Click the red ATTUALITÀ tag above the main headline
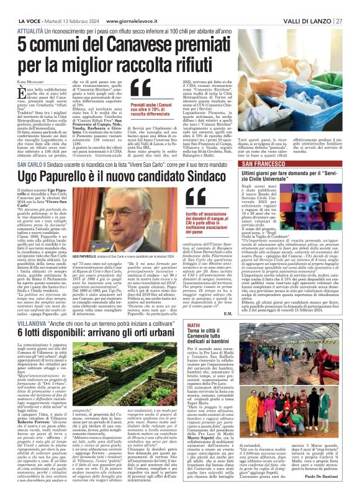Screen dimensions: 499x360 tap(30, 30)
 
